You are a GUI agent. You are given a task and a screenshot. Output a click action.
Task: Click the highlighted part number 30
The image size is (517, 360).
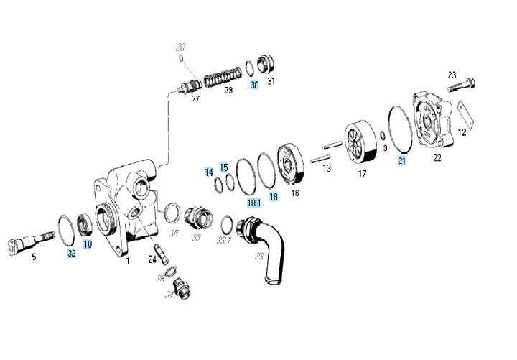tap(254, 84)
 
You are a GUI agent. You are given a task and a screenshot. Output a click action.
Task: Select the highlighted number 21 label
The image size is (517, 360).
tap(401, 161)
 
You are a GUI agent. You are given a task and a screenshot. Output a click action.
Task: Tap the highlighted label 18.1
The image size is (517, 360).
tap(254, 203)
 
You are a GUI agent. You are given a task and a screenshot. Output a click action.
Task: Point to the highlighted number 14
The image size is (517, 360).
tap(208, 172)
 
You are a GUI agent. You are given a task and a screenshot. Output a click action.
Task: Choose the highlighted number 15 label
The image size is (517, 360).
tap(224, 167)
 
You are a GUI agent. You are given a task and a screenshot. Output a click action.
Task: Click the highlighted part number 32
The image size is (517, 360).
tap(71, 254)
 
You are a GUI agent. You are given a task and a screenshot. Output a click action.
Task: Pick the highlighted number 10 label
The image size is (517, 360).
tap(88, 244)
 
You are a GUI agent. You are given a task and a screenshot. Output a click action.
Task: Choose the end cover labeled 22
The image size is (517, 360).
tap(434, 119)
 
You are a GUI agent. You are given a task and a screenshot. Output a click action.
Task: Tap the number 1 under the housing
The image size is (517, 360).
tap(128, 261)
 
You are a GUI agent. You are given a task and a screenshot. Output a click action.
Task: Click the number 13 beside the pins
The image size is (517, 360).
tap(327, 169)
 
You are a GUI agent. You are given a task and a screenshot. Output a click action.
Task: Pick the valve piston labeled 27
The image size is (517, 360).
tap(190, 88)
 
